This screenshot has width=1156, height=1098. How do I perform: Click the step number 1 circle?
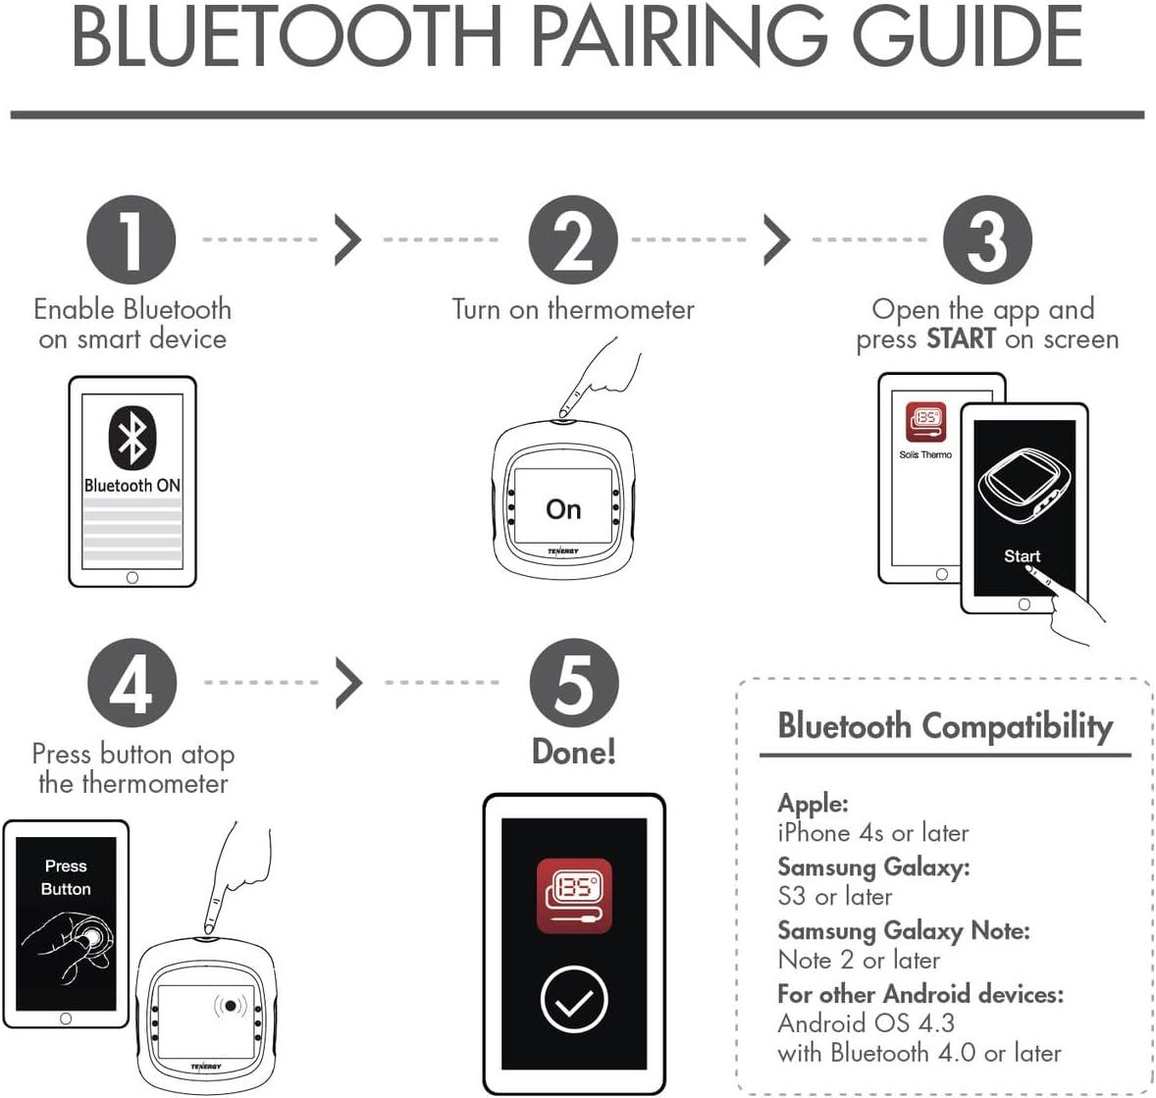(x=131, y=240)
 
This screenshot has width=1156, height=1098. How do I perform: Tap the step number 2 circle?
(x=573, y=240)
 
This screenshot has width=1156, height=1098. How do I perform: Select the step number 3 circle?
(x=987, y=240)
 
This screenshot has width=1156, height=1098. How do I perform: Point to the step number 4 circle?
(x=131, y=683)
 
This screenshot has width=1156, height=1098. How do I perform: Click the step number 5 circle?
(x=574, y=683)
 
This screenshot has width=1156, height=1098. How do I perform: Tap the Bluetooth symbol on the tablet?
(x=131, y=437)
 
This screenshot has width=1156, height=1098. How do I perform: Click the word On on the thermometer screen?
(x=563, y=509)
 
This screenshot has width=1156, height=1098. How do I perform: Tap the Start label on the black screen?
(x=1022, y=555)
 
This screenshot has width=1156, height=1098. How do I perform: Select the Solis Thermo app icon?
(x=925, y=423)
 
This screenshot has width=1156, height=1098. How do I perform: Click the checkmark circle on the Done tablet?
(x=574, y=999)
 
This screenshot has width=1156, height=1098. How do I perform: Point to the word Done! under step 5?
(x=574, y=752)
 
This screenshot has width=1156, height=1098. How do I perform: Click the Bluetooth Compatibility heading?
(x=945, y=726)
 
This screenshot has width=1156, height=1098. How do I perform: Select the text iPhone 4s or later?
(x=872, y=833)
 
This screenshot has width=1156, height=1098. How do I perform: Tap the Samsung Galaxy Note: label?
(x=903, y=929)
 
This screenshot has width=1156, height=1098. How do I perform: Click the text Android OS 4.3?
(x=866, y=1022)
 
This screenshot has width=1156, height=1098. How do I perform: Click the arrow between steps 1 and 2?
(x=347, y=240)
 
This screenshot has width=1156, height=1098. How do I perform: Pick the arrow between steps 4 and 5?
(x=348, y=683)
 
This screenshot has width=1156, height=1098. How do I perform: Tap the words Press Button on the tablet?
(x=66, y=877)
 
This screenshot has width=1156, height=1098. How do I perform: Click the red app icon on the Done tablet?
(x=574, y=896)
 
